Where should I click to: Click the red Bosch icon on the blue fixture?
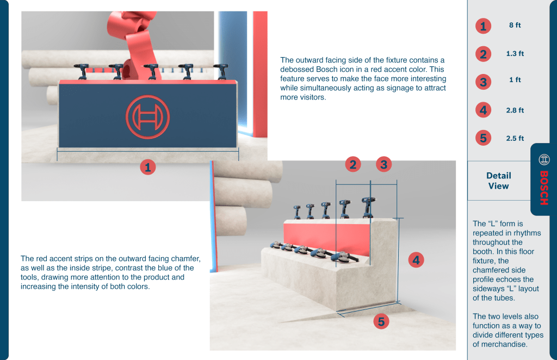[147, 117]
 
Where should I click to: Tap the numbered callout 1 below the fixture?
[148, 167]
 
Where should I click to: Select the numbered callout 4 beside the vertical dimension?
[416, 260]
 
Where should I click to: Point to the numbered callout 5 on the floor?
[381, 321]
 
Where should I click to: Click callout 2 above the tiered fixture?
[353, 164]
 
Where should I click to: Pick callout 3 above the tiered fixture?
[383, 164]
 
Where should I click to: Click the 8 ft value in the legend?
[515, 25]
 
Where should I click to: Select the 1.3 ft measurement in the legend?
[515, 54]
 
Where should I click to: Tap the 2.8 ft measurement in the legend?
[515, 110]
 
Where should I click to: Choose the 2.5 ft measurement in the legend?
[515, 139]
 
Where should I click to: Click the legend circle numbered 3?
[483, 82]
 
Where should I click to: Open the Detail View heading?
[498, 181]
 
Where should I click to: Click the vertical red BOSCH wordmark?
[544, 188]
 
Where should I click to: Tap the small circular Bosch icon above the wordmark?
[544, 160]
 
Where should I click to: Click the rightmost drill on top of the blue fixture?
[222, 72]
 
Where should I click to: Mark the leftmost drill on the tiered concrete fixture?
[298, 212]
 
